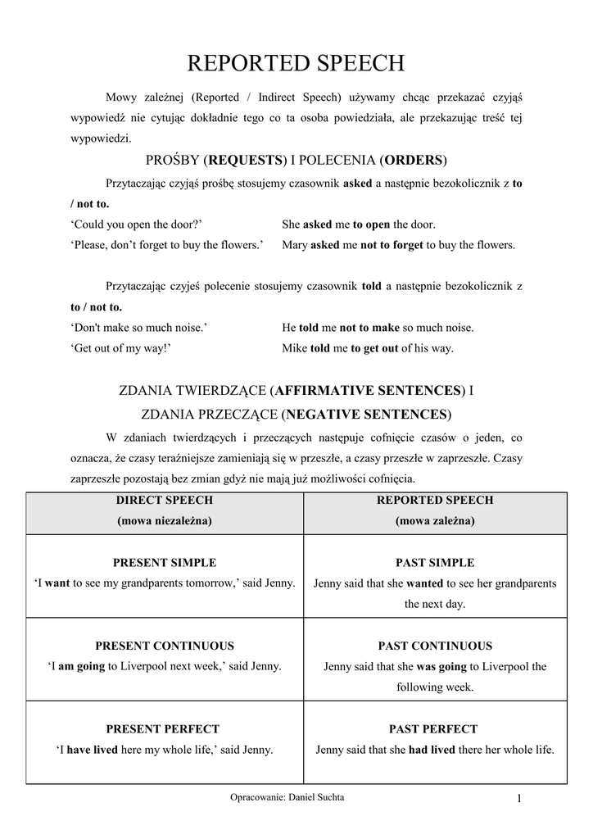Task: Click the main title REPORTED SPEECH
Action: pyautogui.click(x=296, y=65)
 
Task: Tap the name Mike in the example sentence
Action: pyautogui.click(x=295, y=347)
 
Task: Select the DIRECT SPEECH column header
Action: pyautogui.click(x=164, y=500)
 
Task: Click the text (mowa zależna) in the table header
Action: pyautogui.click(x=435, y=520)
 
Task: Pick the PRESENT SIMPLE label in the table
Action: pyautogui.click(x=164, y=563)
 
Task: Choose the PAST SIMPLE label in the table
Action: pyautogui.click(x=435, y=563)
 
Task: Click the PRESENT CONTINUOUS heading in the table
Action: pyautogui.click(x=164, y=646)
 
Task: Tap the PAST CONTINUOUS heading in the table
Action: pyautogui.click(x=435, y=646)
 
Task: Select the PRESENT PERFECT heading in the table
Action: pyautogui.click(x=164, y=728)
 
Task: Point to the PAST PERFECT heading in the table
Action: pyautogui.click(x=435, y=728)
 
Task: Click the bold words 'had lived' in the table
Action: pyautogui.click(x=432, y=749)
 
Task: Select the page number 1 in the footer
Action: pyautogui.click(x=519, y=800)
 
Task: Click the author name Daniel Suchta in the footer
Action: pyautogui.click(x=318, y=797)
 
